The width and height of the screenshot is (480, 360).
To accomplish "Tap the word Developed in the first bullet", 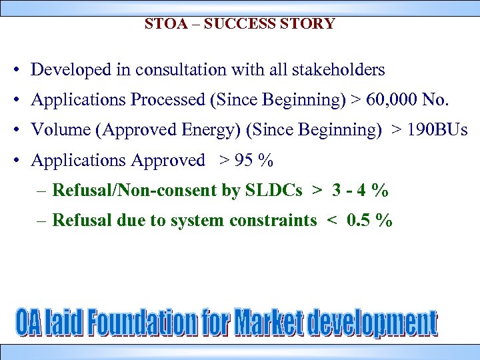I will (65, 69).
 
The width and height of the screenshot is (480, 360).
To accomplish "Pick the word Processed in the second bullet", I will (169, 100).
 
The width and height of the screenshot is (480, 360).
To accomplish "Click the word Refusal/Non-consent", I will (135, 191).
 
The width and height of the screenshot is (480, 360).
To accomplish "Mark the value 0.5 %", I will (370, 221).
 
